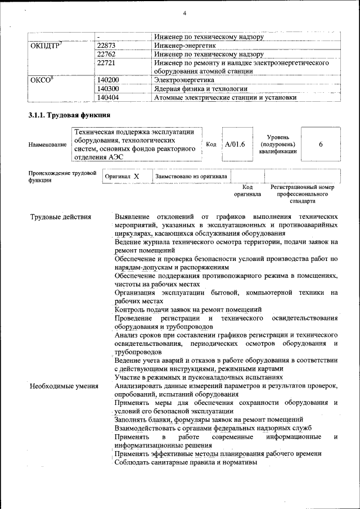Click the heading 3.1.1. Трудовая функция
(69, 115)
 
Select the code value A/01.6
(235, 145)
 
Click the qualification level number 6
(321, 145)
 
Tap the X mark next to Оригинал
(136, 177)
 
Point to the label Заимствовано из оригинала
(191, 177)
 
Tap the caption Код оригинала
(247, 191)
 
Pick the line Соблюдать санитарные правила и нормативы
(186, 462)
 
